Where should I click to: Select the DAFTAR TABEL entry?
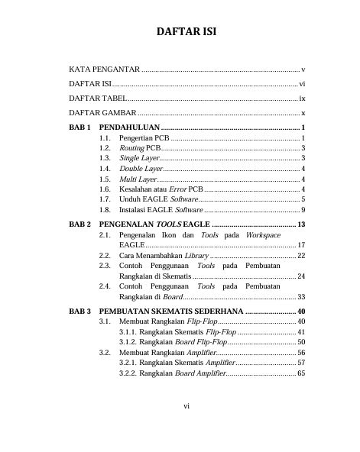tap(98, 98)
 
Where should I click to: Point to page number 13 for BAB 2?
tap(301, 224)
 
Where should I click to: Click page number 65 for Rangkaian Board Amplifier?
tap(301, 374)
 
